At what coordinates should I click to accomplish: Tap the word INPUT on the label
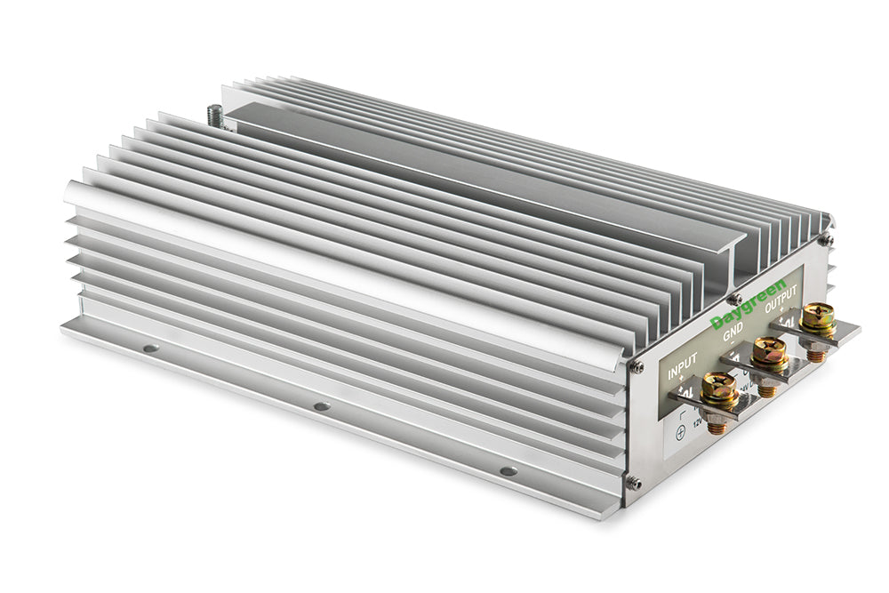(x=682, y=365)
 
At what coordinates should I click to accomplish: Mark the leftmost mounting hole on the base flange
(x=151, y=348)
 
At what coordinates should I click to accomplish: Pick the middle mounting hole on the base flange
(x=322, y=406)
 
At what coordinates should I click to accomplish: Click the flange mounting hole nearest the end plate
(x=508, y=471)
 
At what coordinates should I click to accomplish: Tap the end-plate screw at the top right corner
(x=826, y=238)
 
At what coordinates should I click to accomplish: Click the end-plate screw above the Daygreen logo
(x=733, y=299)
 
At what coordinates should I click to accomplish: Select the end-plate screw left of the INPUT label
(x=636, y=365)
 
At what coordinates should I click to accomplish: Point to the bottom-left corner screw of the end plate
(x=633, y=483)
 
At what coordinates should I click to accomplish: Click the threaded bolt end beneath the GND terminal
(x=767, y=389)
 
